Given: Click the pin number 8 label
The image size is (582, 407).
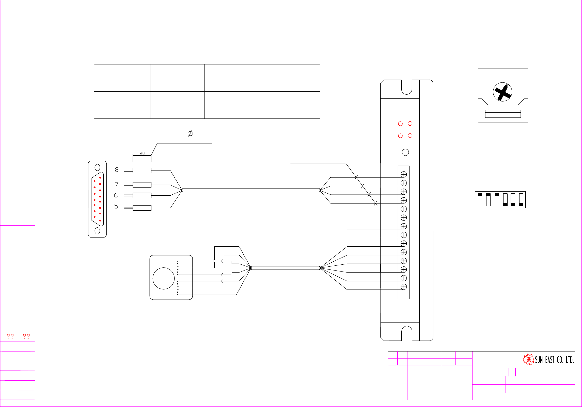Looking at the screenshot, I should [117, 170].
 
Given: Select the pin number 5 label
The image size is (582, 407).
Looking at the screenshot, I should [116, 206].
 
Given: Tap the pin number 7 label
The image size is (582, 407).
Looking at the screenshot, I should [117, 184].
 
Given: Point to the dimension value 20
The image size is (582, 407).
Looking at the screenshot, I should [142, 154].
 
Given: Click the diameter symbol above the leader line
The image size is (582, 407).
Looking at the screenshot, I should [190, 133].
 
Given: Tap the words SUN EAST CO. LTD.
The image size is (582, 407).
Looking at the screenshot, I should [554, 360].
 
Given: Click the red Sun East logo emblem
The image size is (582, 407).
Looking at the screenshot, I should [528, 359].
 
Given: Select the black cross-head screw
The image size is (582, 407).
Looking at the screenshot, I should [502, 92].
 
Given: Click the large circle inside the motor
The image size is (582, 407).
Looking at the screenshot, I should [163, 278].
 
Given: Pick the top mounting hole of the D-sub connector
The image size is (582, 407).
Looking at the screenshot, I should [97, 167].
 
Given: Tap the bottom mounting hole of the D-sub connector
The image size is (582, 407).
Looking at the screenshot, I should [97, 231].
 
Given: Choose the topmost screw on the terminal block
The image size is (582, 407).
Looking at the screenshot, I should [404, 174].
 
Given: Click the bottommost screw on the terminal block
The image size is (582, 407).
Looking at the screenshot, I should [404, 287].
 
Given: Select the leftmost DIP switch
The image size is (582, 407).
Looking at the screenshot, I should [480, 200].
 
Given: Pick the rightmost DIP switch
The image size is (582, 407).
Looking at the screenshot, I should [521, 200].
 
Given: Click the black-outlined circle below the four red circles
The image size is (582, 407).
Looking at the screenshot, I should [405, 152].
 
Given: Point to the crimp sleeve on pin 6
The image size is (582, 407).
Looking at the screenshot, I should [142, 195].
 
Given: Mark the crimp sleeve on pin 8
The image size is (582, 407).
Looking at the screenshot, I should [142, 171].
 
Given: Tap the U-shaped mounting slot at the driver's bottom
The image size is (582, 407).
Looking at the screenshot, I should [407, 333].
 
